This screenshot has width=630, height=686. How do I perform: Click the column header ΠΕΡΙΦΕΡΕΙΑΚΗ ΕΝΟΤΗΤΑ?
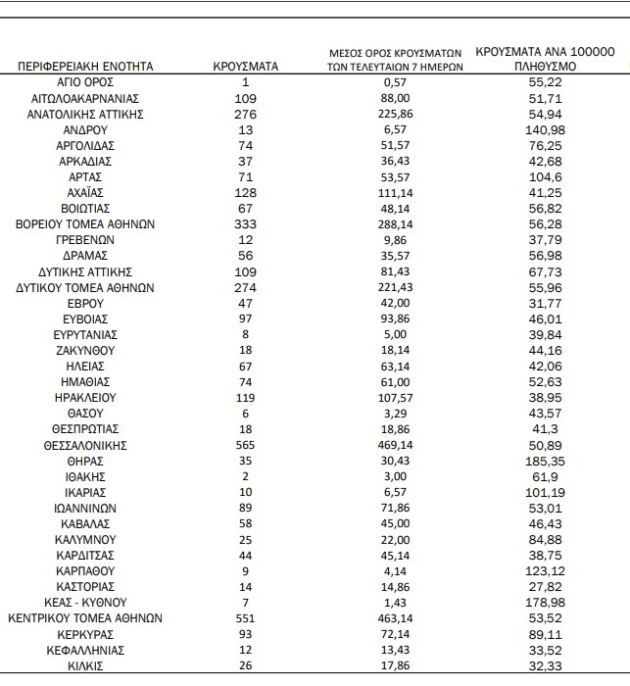tap(84, 67)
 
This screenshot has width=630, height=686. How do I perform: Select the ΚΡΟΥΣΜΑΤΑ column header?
tap(246, 67)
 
